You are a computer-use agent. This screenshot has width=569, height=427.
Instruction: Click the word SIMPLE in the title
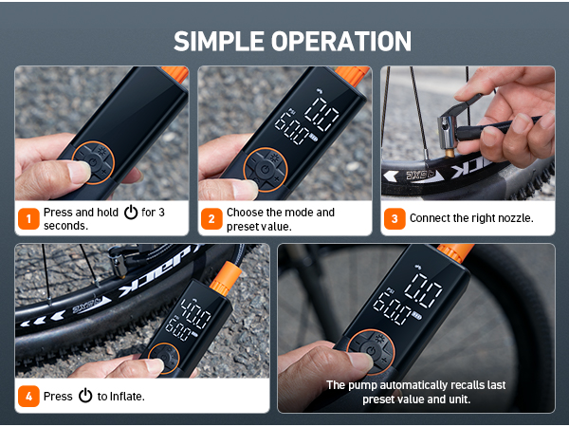pos(219,41)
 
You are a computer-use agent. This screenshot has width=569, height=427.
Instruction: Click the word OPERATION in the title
pos(341,41)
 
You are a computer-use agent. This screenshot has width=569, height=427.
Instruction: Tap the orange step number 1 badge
pos(28,218)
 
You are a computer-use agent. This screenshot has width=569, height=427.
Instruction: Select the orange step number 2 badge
pos(211,218)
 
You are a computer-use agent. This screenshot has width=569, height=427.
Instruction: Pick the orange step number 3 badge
pos(395,218)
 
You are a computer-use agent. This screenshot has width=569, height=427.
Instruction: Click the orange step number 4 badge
pos(28,396)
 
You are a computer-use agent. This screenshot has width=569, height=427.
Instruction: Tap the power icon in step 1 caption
pos(131,212)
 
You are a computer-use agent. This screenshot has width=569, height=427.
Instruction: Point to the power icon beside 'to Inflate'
pos(85,396)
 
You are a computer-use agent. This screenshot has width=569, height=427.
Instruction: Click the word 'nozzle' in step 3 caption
pos(515,218)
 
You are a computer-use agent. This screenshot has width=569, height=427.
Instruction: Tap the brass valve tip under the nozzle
pos(450,152)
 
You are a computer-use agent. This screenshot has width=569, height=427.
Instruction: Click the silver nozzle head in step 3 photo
pos(447,132)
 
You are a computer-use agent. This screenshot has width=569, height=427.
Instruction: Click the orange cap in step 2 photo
pos(352,75)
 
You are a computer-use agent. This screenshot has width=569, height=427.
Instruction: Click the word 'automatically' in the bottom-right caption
pos(417,385)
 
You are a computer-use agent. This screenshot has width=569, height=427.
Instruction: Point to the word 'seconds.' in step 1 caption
pos(66,226)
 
